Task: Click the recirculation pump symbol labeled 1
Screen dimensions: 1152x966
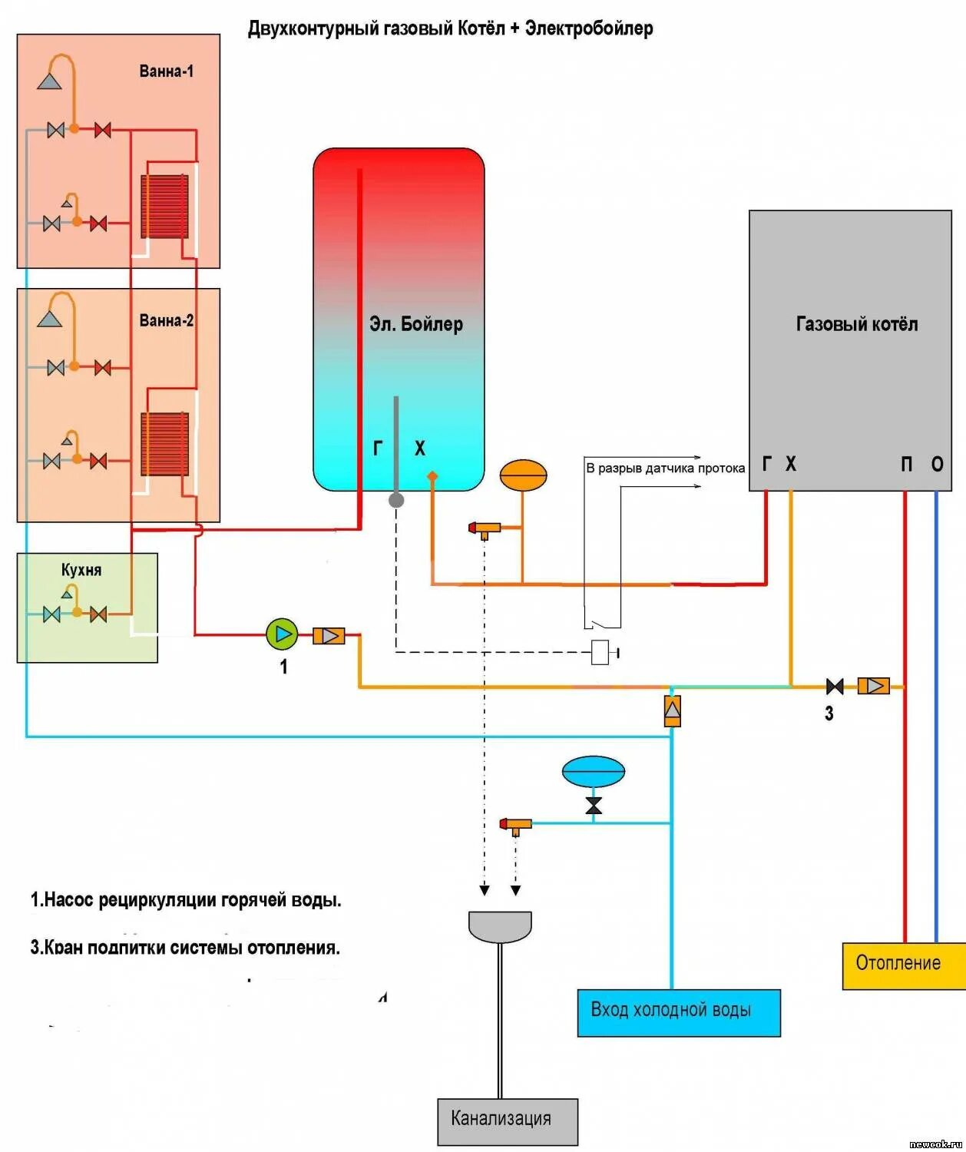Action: (282, 634)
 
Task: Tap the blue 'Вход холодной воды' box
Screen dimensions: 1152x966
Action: (678, 1012)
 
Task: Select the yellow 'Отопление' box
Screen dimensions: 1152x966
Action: (903, 965)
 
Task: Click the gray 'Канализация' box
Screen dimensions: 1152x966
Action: (507, 1121)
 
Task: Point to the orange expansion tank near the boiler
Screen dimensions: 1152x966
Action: (523, 475)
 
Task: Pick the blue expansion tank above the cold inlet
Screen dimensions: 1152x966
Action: (593, 772)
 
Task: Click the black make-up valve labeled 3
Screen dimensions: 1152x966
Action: (834, 686)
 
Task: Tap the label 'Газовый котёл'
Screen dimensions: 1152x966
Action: (856, 324)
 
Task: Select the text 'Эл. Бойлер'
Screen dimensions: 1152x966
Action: (415, 324)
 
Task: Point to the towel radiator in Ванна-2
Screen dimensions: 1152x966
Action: (164, 444)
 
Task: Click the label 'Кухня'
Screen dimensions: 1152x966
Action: (81, 570)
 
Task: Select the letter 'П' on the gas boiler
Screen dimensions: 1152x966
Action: (907, 464)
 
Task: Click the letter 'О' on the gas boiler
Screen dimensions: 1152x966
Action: (937, 464)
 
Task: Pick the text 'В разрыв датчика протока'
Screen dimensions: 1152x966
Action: (665, 468)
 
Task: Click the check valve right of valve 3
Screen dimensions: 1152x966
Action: (873, 686)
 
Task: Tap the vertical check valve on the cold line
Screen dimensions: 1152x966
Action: (672, 710)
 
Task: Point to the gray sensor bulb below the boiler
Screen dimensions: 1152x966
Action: (396, 501)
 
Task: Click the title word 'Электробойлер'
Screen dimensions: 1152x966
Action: (588, 29)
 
